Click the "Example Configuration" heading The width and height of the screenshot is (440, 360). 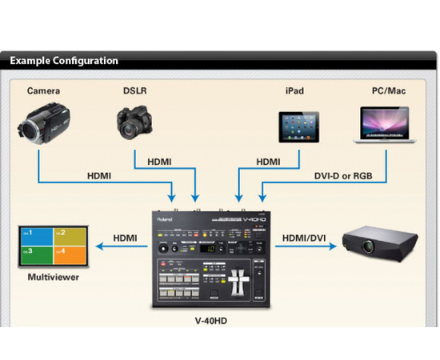[64, 60]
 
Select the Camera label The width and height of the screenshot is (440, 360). [43, 91]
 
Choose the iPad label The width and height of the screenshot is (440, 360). [295, 91]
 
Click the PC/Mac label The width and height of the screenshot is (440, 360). [389, 91]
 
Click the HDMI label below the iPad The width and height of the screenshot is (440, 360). [268, 162]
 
